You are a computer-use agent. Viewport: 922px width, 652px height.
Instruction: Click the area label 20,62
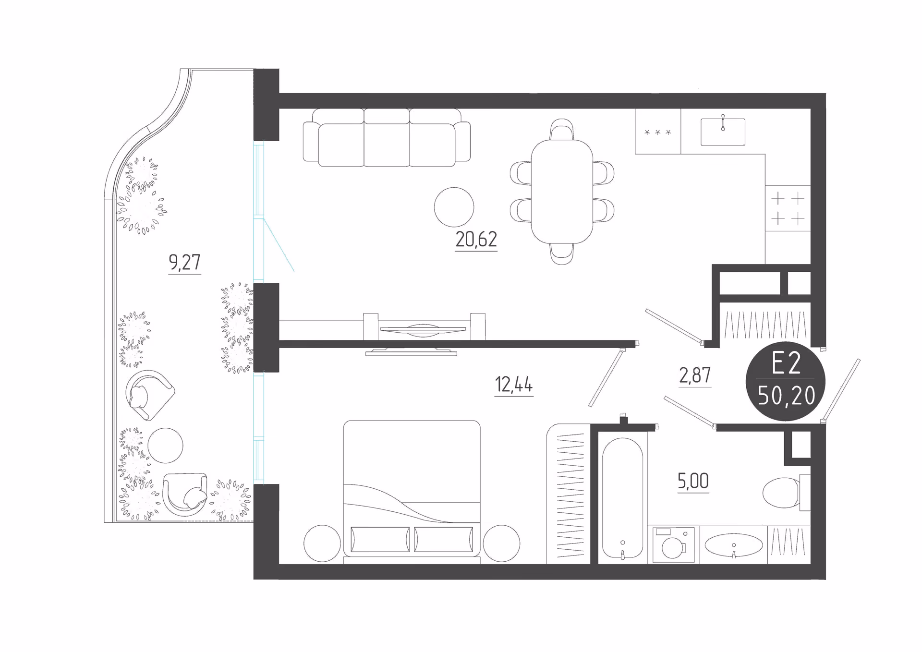476,240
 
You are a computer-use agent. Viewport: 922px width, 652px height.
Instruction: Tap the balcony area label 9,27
184,262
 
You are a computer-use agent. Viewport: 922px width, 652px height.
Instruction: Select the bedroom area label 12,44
514,385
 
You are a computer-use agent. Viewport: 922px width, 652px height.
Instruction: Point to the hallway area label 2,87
695,375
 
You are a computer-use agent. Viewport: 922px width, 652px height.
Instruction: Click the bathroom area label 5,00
693,481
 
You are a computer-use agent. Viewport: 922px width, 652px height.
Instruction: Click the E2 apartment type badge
786,381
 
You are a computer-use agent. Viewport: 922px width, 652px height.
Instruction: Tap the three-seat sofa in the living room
387,137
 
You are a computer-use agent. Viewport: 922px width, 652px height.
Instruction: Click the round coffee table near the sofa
454,207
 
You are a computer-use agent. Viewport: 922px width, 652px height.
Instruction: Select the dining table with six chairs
562,192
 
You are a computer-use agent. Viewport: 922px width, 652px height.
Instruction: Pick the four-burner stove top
788,208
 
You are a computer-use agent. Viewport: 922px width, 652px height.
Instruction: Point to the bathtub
622,498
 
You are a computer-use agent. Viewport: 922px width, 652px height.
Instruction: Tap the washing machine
673,545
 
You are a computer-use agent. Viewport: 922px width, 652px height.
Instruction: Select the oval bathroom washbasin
733,545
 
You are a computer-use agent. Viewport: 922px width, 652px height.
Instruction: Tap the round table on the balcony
165,446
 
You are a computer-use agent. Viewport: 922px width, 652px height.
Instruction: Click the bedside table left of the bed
322,543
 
